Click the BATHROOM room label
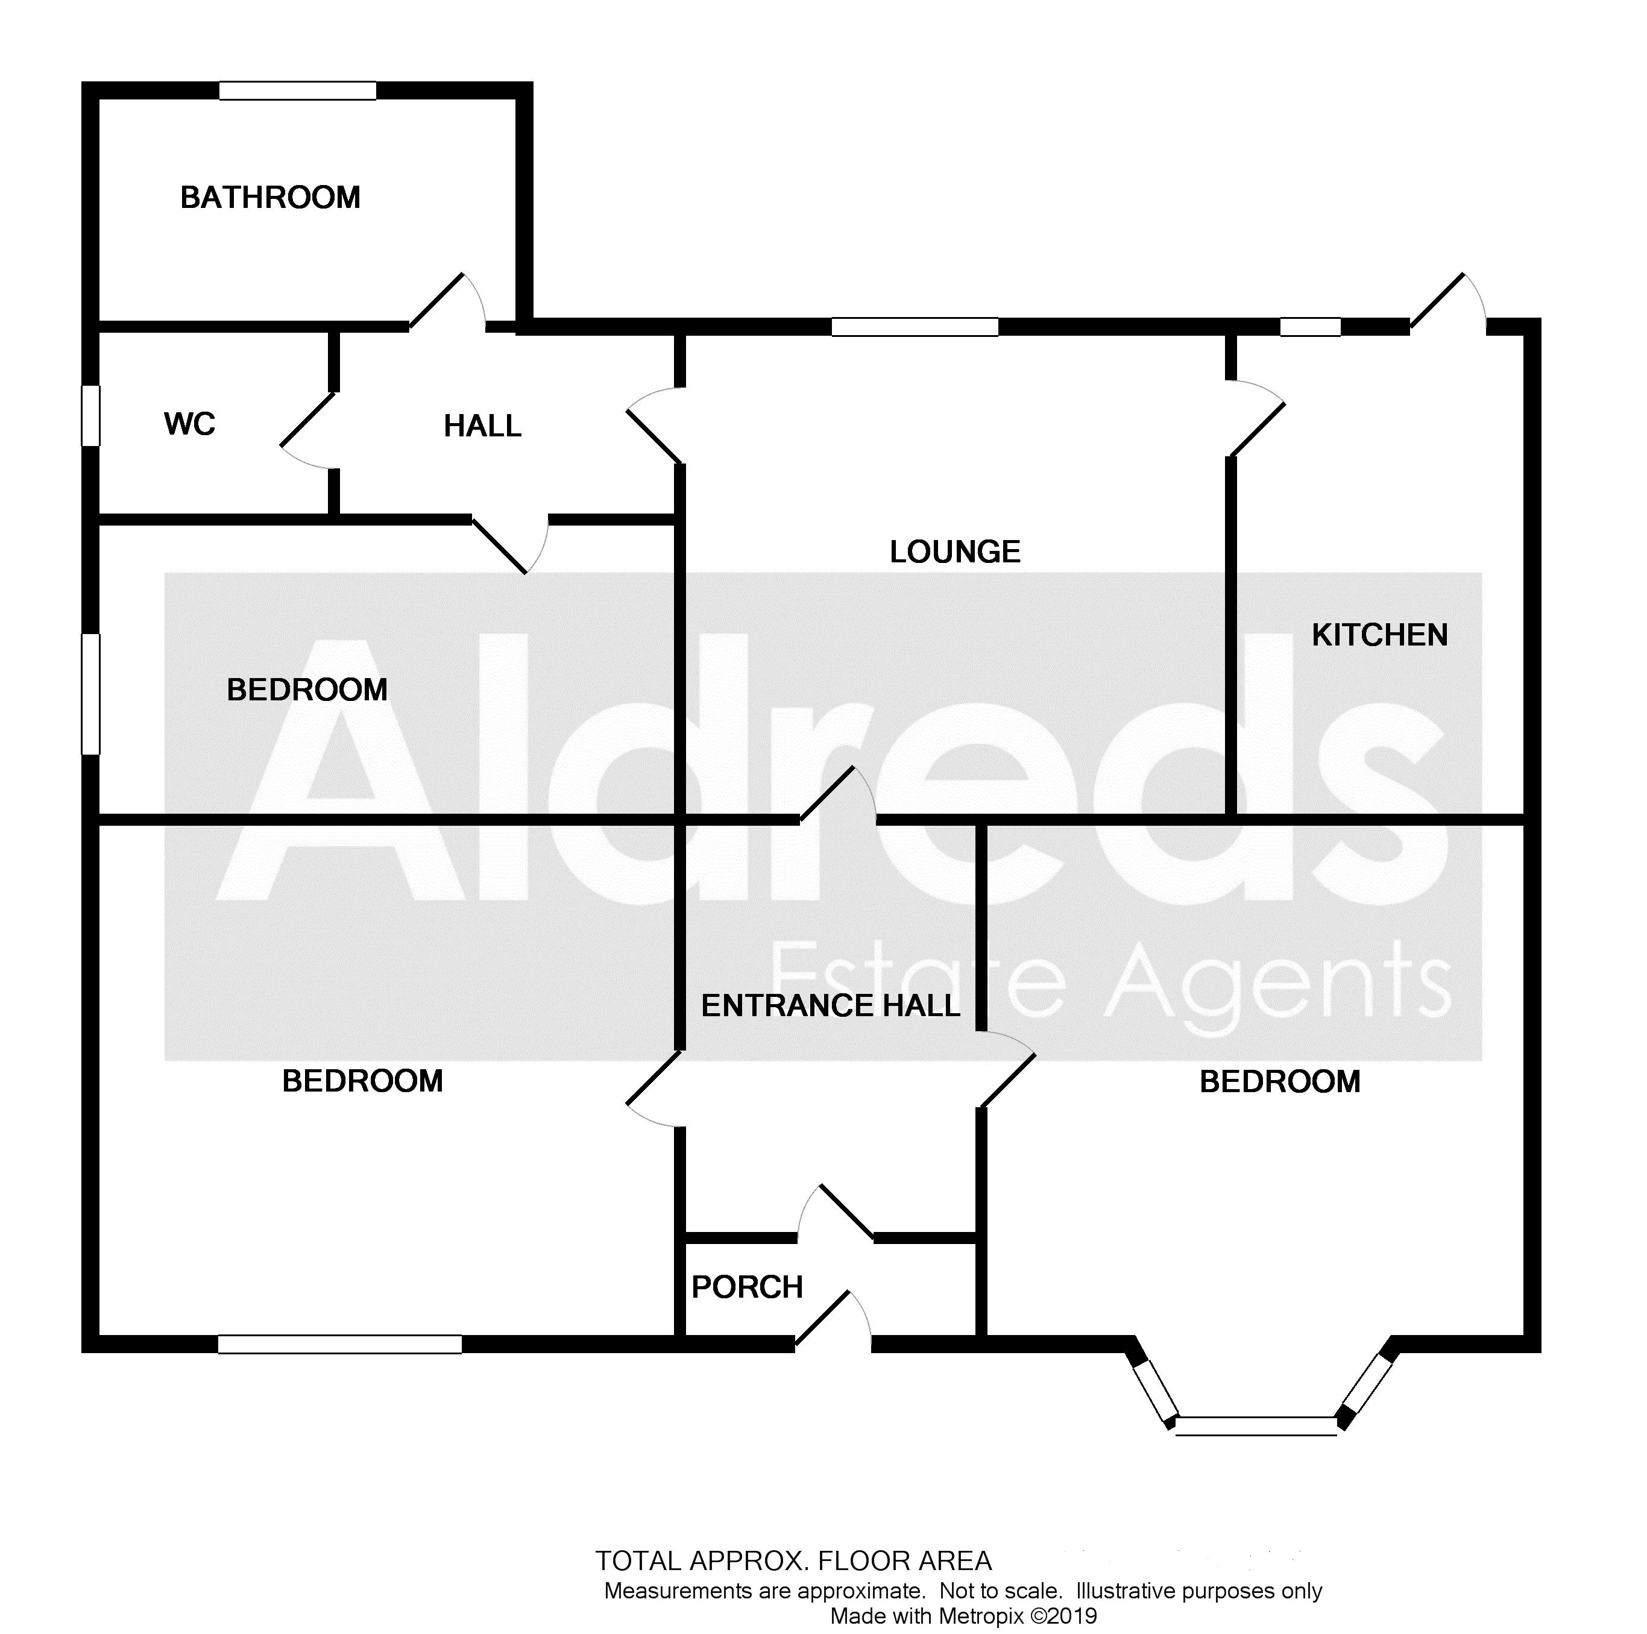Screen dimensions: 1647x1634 tap(270, 198)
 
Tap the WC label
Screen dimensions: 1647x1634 tap(189, 424)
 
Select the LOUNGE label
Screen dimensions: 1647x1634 tap(955, 552)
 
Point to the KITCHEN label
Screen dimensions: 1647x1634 tap(1379, 635)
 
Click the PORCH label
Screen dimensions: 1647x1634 tap(747, 1287)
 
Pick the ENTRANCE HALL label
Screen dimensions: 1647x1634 tap(830, 1006)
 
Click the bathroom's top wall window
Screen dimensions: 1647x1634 tap(298, 90)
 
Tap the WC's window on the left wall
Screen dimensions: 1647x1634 tap(90, 415)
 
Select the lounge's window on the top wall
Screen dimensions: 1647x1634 tap(915, 327)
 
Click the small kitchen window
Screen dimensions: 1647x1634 tap(1310, 327)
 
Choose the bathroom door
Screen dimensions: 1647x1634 tap(447, 301)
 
